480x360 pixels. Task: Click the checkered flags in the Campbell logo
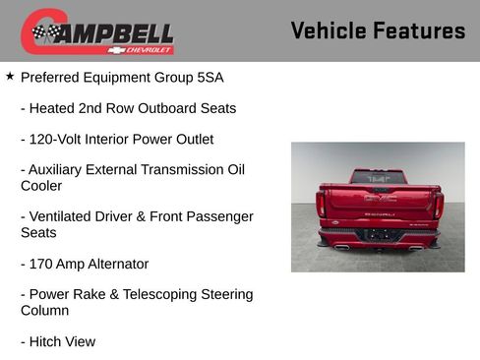click(x=45, y=32)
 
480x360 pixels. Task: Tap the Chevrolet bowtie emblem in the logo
click(x=117, y=49)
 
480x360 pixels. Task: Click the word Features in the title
click(x=419, y=30)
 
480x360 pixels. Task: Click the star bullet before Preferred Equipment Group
click(x=10, y=76)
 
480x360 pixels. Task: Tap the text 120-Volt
click(x=58, y=139)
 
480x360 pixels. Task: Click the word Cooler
click(x=41, y=185)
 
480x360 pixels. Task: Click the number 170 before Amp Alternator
click(x=42, y=264)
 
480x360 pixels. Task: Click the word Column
click(x=45, y=310)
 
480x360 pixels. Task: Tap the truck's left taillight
click(x=321, y=204)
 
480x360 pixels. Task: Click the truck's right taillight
click(x=438, y=204)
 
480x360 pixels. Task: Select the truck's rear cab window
click(x=379, y=178)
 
